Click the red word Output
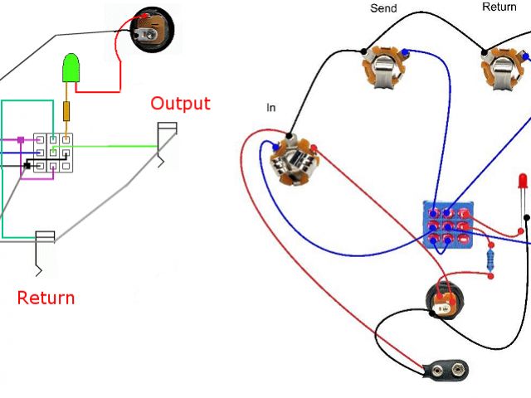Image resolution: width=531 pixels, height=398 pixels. (180, 104)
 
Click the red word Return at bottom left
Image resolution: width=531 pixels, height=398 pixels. (46, 297)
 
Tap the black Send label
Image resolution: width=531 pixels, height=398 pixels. (383, 9)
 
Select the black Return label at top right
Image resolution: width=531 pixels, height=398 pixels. (499, 7)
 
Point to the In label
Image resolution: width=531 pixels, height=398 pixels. (271, 108)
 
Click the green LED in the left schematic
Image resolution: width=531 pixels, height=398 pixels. (71, 69)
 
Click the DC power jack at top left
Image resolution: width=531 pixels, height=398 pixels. (155, 33)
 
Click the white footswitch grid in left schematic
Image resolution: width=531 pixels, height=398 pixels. (51, 153)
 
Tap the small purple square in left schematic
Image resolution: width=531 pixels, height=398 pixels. (22, 140)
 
